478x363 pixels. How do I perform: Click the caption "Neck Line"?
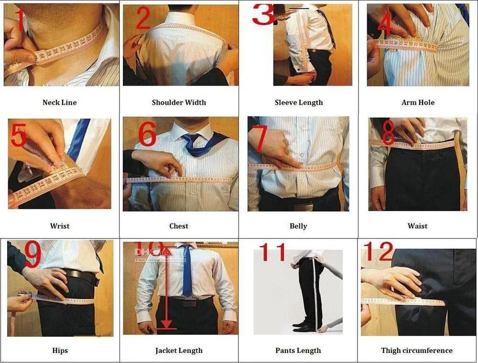coord(59,102)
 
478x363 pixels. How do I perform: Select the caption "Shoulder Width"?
coord(179,102)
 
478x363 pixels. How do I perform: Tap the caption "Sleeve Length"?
coord(299,102)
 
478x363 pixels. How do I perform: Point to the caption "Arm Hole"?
coord(418,102)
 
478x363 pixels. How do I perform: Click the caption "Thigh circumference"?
coord(417,351)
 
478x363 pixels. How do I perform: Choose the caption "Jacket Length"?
coord(179,351)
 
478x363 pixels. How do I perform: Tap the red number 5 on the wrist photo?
coord(18,136)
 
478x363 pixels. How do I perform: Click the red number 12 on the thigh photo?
coord(378,252)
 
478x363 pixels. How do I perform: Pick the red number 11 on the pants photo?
coord(272,253)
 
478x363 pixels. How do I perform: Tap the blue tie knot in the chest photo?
coord(192,139)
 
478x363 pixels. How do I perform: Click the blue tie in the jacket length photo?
coord(187,272)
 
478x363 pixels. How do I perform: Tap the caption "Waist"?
coord(417,226)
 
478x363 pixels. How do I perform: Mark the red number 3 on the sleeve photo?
coord(263,14)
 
